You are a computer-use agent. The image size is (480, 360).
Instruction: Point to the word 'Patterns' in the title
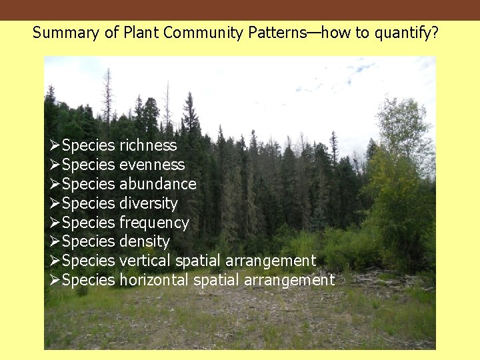277,33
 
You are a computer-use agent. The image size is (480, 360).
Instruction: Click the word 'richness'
148,145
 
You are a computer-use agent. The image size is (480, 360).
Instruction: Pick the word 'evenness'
152,165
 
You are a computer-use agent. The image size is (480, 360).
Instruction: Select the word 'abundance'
158,184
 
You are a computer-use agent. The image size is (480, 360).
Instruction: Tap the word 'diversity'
149,203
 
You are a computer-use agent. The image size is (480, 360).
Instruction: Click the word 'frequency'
154,223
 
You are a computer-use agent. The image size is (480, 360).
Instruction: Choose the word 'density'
145,241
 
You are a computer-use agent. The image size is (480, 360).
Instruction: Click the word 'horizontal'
154,280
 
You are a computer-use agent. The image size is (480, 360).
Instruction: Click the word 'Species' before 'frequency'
89,223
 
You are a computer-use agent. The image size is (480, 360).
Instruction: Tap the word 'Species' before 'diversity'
89,203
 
